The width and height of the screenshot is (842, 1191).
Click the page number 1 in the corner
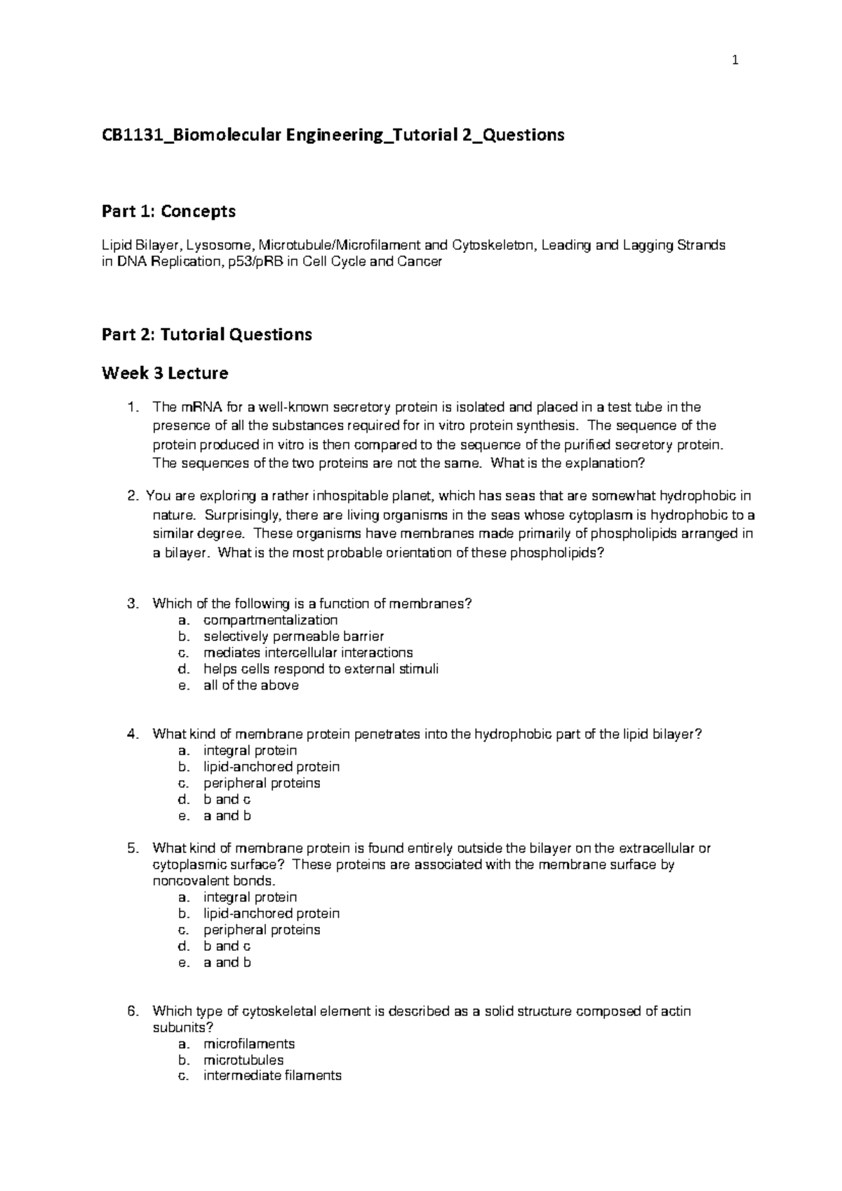click(x=735, y=61)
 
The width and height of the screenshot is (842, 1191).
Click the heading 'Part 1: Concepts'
click(x=168, y=211)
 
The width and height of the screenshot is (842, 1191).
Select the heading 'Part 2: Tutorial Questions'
click(x=206, y=334)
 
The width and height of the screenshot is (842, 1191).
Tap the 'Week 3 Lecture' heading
click(x=165, y=373)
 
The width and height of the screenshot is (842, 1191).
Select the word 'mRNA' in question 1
click(x=199, y=407)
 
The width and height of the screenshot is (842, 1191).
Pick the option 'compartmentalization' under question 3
click(x=270, y=620)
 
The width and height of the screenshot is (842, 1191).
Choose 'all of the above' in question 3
click(x=250, y=685)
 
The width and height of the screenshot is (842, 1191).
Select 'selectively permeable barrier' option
click(x=293, y=637)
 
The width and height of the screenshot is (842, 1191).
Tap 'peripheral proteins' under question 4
click(x=261, y=783)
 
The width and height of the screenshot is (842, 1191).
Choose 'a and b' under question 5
click(x=227, y=963)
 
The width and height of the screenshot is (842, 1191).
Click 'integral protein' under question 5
click(x=250, y=897)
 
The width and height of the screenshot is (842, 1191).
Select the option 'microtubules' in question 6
click(x=243, y=1060)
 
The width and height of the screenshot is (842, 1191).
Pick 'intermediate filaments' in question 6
click(x=272, y=1076)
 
